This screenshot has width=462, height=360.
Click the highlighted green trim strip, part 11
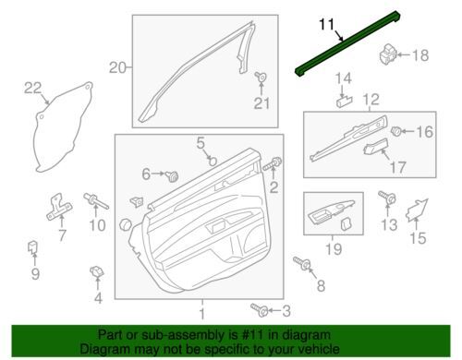pyautogui.click(x=347, y=43)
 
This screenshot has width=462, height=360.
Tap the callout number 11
pyautogui.click(x=326, y=24)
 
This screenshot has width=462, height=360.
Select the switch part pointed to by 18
pyautogui.click(x=387, y=54)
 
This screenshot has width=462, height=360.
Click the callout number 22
pyautogui.click(x=33, y=89)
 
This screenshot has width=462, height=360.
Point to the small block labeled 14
pyautogui.click(x=345, y=101)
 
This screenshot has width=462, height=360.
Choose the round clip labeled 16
pyautogui.click(x=395, y=131)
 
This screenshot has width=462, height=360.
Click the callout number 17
pyautogui.click(x=398, y=168)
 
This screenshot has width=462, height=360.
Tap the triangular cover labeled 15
pyautogui.click(x=417, y=210)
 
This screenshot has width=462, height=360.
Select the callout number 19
pyautogui.click(x=334, y=249)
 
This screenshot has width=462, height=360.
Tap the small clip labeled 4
pyautogui.click(x=97, y=271)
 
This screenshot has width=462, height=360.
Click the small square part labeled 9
pyautogui.click(x=33, y=246)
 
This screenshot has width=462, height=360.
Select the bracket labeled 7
pyautogui.click(x=59, y=207)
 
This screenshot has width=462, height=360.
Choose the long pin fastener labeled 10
pyautogui.click(x=96, y=201)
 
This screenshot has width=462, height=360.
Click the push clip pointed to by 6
pyautogui.click(x=172, y=175)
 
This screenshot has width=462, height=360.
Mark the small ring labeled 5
pyautogui.click(x=213, y=161)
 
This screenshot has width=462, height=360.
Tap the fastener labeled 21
pyautogui.click(x=261, y=77)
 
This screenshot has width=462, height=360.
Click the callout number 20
pyautogui.click(x=117, y=67)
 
